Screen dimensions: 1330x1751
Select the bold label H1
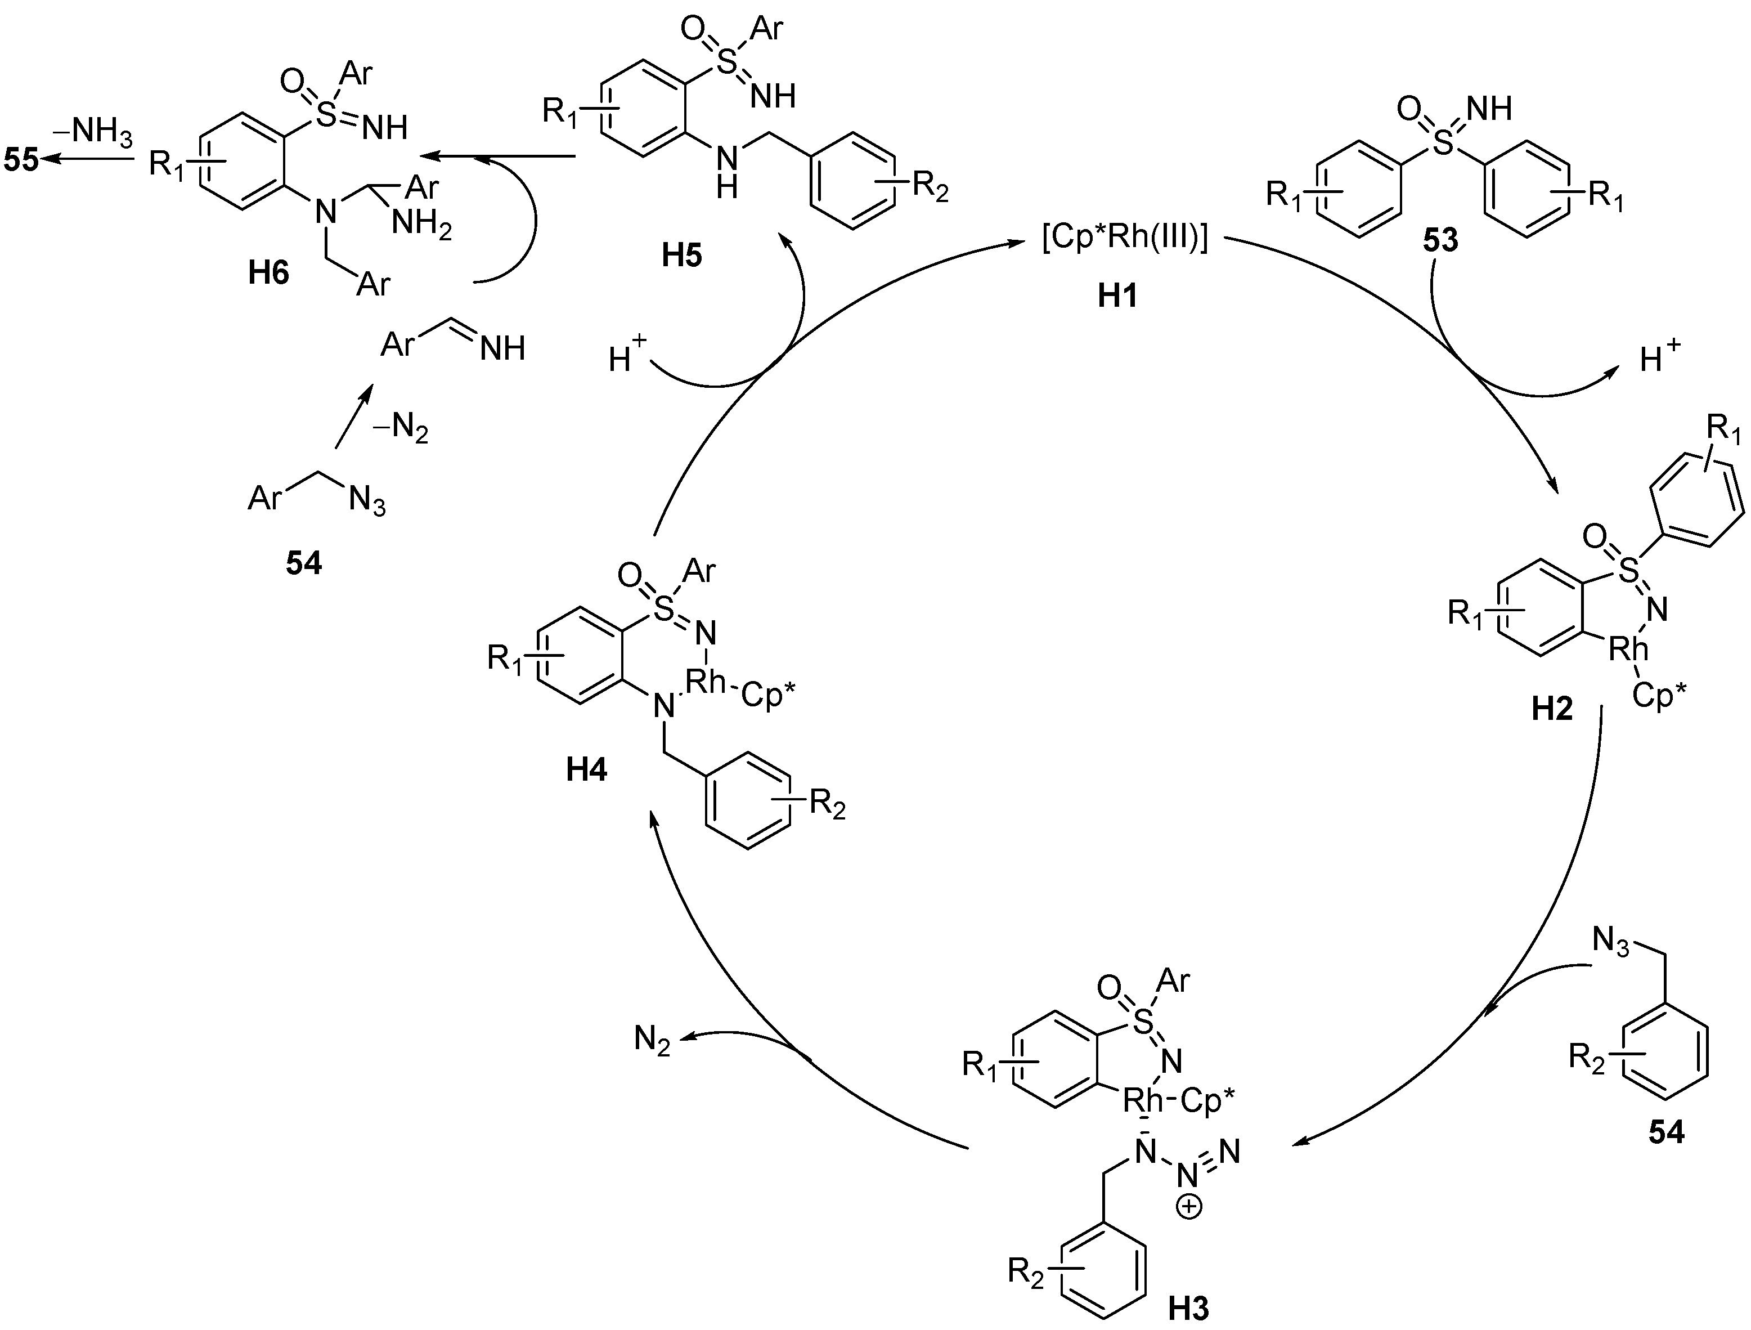point(1118,295)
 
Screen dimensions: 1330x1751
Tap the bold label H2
point(1551,709)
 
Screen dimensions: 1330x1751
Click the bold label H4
point(586,769)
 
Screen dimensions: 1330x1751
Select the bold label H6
point(268,274)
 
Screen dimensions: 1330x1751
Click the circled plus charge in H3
point(1188,1207)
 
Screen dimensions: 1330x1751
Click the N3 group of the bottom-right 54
point(1611,942)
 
